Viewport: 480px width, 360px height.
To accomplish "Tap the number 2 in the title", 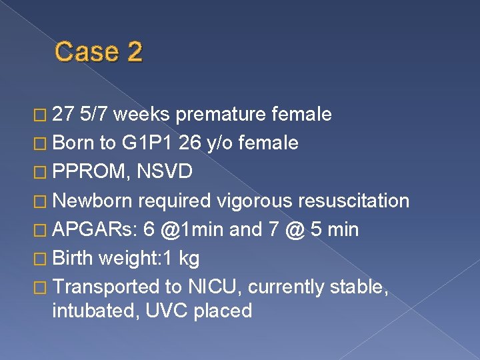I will point(133,52).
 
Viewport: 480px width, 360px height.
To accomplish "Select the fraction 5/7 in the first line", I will point(93,115).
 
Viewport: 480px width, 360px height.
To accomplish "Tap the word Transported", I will point(105,287).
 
